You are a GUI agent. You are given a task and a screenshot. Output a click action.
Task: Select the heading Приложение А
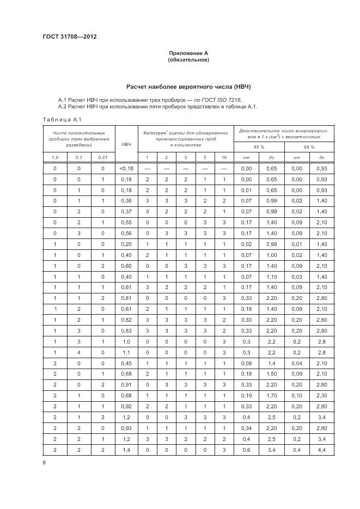189,53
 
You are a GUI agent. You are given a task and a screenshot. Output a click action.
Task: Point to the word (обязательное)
189,60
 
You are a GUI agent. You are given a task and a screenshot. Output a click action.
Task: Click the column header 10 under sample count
224,158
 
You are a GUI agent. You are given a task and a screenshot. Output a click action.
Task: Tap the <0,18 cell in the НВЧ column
126,169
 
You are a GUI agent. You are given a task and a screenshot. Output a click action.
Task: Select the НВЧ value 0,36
126,200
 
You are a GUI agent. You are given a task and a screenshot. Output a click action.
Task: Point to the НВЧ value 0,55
126,222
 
